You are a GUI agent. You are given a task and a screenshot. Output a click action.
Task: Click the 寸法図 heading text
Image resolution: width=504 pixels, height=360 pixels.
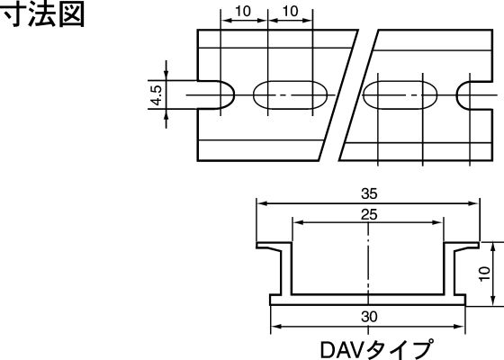pos(43,14)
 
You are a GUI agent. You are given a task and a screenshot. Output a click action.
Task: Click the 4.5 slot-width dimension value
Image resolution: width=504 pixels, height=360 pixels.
pos(157,95)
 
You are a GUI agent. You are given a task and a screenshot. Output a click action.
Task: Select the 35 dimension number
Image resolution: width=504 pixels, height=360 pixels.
pos(369,193)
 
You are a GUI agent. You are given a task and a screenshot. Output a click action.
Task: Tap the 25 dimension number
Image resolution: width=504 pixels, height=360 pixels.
pos(369,214)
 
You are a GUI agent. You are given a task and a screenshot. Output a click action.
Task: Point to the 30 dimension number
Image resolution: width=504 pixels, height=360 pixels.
pos(369,317)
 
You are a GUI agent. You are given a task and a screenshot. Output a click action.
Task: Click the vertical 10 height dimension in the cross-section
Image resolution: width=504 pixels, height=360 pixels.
pos(484,274)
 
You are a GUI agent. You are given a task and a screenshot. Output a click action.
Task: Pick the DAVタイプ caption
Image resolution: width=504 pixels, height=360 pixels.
pos(376,349)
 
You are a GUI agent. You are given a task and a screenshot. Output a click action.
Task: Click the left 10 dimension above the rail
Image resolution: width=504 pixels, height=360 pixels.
pos(243,11)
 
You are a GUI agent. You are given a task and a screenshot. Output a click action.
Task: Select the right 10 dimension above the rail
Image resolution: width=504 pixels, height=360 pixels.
pos(290,11)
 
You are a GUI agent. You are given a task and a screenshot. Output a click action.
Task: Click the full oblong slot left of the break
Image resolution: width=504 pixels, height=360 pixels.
pos(290,95)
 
